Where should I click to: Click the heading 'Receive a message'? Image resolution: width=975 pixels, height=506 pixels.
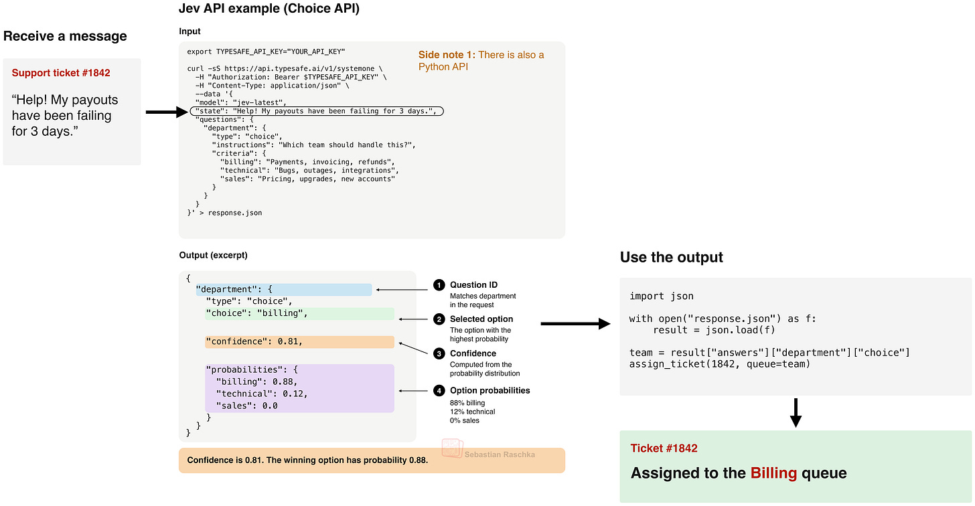(65, 35)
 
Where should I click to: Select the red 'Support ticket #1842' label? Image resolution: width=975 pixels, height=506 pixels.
(61, 73)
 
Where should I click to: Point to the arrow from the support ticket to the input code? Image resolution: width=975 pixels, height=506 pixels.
(167, 112)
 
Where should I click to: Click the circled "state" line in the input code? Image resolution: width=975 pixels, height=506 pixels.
(317, 111)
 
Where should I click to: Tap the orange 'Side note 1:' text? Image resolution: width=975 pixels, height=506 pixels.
(447, 55)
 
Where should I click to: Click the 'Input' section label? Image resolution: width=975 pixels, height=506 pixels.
(190, 31)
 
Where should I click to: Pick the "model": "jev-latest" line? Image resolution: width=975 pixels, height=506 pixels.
(241, 102)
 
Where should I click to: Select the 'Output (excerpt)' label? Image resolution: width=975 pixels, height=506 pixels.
(213, 255)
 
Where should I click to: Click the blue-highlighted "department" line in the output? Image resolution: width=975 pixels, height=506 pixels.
(284, 289)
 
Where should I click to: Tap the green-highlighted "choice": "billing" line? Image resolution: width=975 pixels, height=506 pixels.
(299, 313)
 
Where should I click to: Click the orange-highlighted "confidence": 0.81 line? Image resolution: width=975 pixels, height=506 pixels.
(299, 341)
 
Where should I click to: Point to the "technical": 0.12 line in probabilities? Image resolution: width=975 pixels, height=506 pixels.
(262, 394)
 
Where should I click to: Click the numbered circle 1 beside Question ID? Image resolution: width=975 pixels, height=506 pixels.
(439, 285)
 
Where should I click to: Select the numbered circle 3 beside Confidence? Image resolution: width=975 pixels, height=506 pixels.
(439, 353)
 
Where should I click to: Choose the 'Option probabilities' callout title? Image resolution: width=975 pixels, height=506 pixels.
(490, 390)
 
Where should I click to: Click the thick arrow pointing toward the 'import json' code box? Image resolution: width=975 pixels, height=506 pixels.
(575, 324)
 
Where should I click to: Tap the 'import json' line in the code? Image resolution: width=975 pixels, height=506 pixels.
(661, 297)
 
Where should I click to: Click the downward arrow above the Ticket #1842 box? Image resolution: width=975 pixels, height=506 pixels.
(796, 412)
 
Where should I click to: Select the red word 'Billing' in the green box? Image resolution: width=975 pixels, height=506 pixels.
(773, 473)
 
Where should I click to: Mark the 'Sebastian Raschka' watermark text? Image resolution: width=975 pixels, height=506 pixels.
(500, 454)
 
